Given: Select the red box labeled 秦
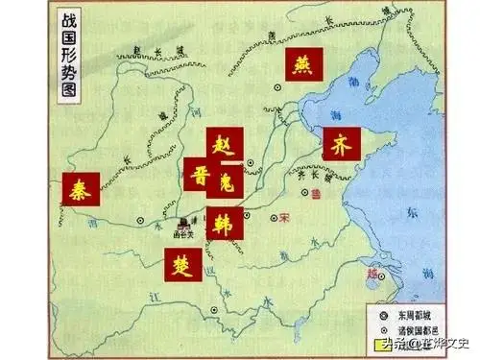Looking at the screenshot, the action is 80,190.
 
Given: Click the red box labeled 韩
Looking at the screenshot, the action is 225,220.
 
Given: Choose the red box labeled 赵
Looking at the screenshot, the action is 227,148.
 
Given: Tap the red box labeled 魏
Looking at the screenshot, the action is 226,180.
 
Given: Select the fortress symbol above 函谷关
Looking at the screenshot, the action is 184,221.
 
